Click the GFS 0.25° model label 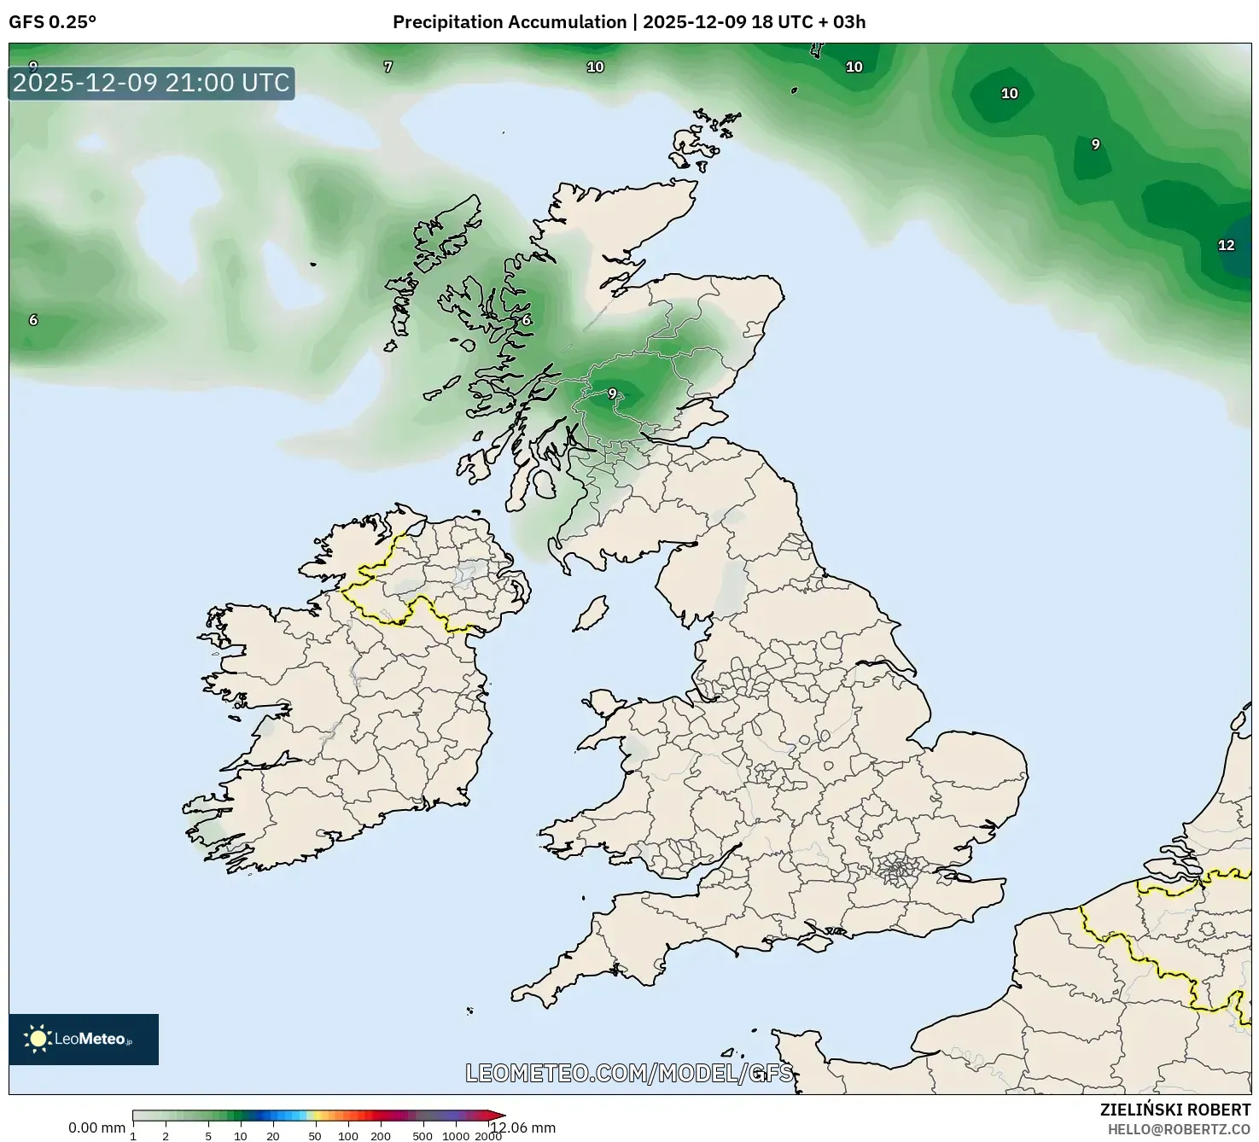(x=52, y=22)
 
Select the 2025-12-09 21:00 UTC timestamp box (x=151, y=83)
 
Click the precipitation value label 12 (x=1226, y=246)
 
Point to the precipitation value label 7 (x=388, y=67)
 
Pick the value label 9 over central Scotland (x=612, y=393)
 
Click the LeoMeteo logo (x=84, y=1039)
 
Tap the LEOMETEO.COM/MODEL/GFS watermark (x=629, y=1073)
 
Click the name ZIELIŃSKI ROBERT (x=1174, y=1110)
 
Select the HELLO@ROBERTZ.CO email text (x=1179, y=1129)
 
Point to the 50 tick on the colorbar (x=315, y=1135)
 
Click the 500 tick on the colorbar (x=422, y=1135)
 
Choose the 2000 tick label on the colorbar (x=487, y=1135)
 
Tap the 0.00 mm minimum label (x=96, y=1127)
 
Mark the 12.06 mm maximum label (x=522, y=1127)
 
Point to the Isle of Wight (x=817, y=942)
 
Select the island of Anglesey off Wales (x=605, y=705)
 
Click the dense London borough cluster (x=897, y=871)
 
